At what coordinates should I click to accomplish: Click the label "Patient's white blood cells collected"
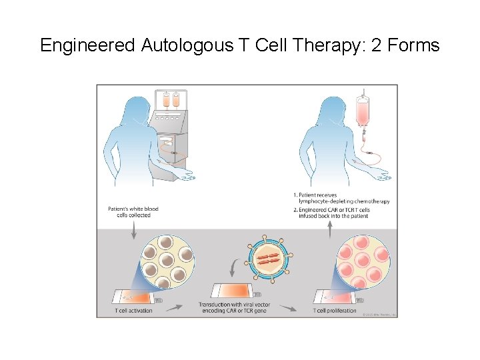(x=133, y=212)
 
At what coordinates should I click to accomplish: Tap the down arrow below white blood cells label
(x=133, y=230)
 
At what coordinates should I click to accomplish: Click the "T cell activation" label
(x=134, y=310)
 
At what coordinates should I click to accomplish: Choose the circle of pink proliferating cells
(x=362, y=261)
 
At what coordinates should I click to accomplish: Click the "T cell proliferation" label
(x=335, y=310)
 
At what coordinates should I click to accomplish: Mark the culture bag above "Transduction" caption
(x=233, y=291)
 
